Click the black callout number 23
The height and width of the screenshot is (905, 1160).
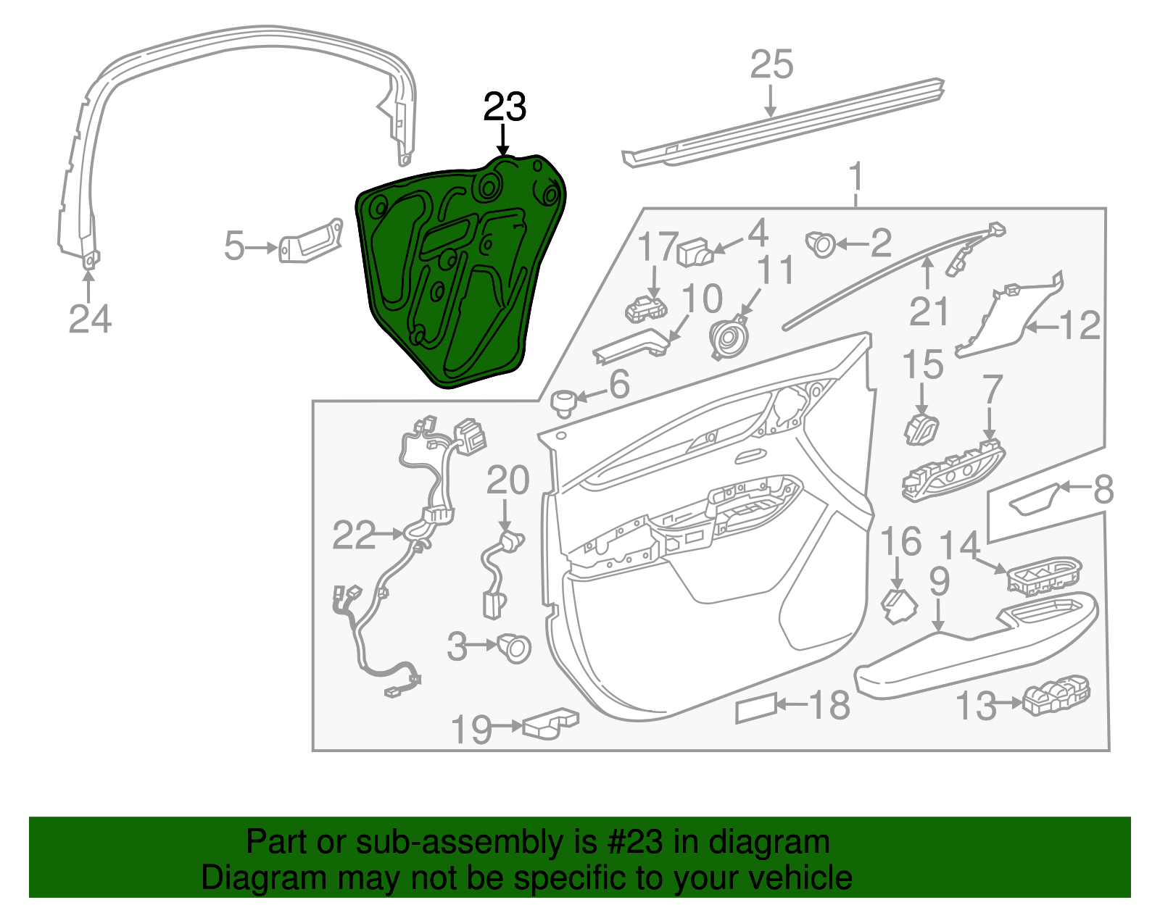[x=505, y=107]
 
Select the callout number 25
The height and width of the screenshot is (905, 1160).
[x=771, y=64]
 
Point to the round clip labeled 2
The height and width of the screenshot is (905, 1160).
[x=821, y=244]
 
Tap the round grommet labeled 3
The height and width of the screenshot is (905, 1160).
[x=514, y=647]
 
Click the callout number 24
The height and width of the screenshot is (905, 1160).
[x=90, y=319]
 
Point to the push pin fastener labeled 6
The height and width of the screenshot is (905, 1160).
[x=563, y=402]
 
